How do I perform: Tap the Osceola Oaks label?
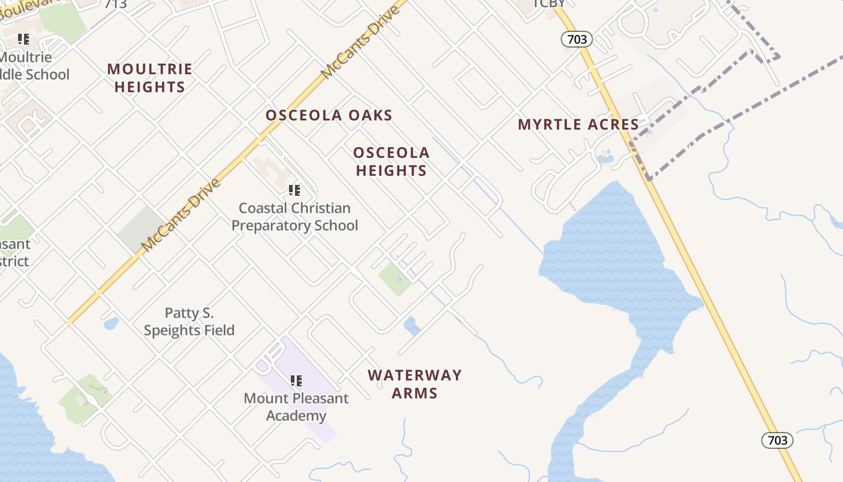tap(329, 115)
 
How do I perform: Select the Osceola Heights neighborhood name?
tap(391, 161)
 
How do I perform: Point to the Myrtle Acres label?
tap(578, 125)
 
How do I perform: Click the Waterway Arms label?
tap(415, 384)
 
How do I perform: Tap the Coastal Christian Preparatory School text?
tap(294, 217)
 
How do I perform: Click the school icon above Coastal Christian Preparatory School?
tap(294, 190)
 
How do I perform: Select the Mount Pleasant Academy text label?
tap(296, 407)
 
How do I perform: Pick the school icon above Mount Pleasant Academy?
tap(296, 381)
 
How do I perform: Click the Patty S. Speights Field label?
tap(189, 322)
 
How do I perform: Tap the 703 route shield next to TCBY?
tap(577, 40)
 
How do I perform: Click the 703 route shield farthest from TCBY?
tap(777, 440)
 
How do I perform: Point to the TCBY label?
tap(549, 4)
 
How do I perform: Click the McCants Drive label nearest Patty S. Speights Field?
tap(179, 216)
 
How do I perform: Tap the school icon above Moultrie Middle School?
tap(23, 40)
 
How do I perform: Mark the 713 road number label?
tap(115, 4)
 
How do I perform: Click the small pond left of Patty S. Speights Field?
tap(111, 324)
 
